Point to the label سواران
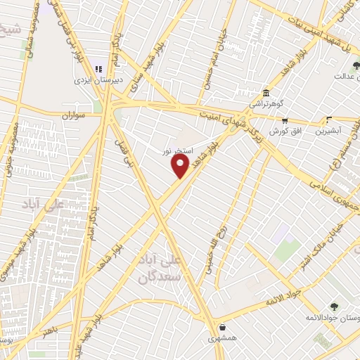point(72,115)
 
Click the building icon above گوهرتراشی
point(266,93)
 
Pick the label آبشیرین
point(328,130)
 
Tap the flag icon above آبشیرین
point(328,120)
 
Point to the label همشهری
point(223,338)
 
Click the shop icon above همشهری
point(223,327)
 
